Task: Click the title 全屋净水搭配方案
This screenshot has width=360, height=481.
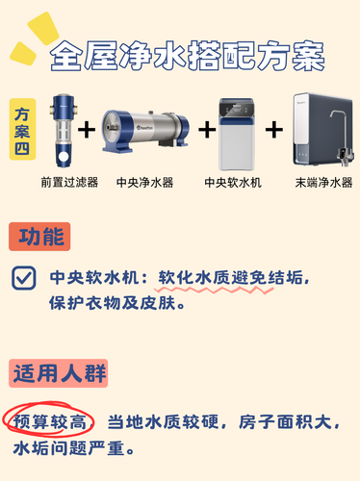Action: tap(188, 56)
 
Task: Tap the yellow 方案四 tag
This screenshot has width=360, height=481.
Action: tap(22, 129)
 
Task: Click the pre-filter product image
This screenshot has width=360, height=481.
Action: tap(64, 131)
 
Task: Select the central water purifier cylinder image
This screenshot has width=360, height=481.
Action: tap(145, 130)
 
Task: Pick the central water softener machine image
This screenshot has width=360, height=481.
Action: tap(237, 135)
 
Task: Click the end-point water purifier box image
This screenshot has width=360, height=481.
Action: tap(323, 130)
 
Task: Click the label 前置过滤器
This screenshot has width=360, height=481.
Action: tap(69, 182)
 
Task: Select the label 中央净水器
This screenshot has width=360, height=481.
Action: tap(144, 182)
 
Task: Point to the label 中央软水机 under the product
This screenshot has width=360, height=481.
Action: tap(233, 183)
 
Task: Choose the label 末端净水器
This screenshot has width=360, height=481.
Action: tap(323, 183)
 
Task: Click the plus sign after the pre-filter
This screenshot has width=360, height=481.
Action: tap(87, 130)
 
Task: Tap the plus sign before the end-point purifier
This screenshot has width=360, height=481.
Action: tap(274, 130)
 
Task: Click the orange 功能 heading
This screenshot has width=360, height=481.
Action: tap(39, 237)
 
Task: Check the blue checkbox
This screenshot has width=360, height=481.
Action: tap(24, 278)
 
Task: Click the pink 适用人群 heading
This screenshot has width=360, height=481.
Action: tap(59, 373)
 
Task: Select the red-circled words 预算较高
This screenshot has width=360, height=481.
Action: tap(49, 421)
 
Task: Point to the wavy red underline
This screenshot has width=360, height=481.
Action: tap(214, 291)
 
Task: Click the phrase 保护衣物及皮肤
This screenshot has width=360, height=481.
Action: tap(113, 303)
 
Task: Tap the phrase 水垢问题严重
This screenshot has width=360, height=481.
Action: tap(68, 448)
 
